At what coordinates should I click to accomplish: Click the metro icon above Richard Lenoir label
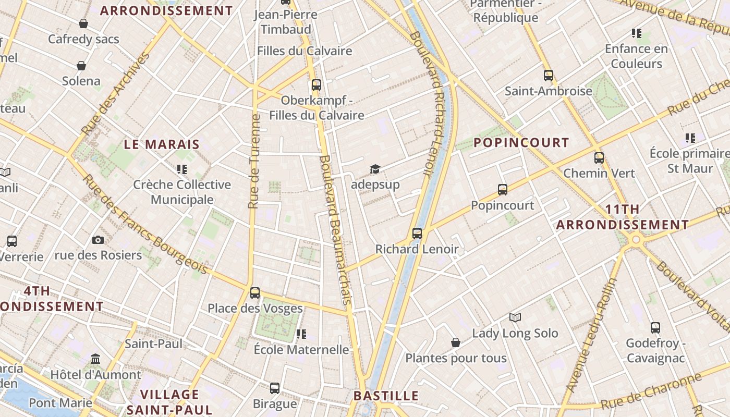pos(417,233)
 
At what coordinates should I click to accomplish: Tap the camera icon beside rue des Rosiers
pos(98,240)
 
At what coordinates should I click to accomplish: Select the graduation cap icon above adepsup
pos(375,169)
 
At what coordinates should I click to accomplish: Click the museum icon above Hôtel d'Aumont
pos(95,359)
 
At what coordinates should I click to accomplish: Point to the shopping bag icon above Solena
pos(81,65)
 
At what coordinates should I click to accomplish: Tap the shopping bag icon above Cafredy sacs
pos(83,23)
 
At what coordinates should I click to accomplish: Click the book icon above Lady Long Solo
pos(515,317)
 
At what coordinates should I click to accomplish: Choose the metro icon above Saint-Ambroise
pos(548,75)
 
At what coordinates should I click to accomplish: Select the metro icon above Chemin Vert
pos(599,157)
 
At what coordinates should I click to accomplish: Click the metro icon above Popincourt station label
pos(503,189)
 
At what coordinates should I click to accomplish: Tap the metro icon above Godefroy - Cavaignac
pos(655,328)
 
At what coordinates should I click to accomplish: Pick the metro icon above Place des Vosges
pos(255,292)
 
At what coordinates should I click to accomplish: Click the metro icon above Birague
pos(275,388)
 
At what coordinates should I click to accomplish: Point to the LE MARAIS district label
pos(162,144)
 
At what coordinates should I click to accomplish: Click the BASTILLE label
pos(386,396)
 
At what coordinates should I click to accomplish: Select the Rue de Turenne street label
pos(254,162)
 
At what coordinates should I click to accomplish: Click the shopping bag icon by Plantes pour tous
pos(456,342)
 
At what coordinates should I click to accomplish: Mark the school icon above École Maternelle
pos(301,334)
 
